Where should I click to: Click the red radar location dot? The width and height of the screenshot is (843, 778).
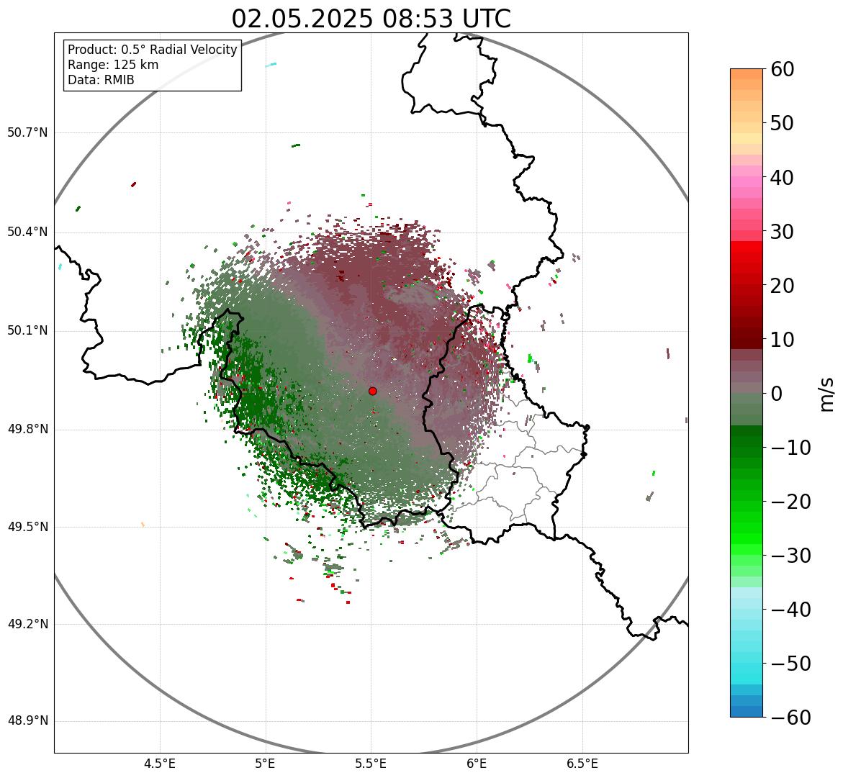372,391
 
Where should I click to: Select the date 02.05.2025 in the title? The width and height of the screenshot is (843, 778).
302,19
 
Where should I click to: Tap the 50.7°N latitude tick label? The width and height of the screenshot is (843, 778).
27,133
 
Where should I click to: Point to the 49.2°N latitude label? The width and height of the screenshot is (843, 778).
27,624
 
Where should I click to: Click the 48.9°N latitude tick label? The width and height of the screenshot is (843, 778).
27,721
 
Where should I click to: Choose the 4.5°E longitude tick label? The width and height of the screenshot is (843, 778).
160,764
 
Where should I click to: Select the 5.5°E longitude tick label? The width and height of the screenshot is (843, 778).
371,764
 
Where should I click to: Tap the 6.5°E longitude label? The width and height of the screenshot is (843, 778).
582,764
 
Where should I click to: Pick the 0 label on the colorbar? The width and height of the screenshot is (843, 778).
777,394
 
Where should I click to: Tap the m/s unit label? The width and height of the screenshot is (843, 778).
827,394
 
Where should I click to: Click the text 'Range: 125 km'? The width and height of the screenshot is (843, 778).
113,65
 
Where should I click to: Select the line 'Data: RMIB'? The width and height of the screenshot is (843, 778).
101,80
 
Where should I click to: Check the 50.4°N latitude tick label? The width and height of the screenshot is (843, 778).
27,232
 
